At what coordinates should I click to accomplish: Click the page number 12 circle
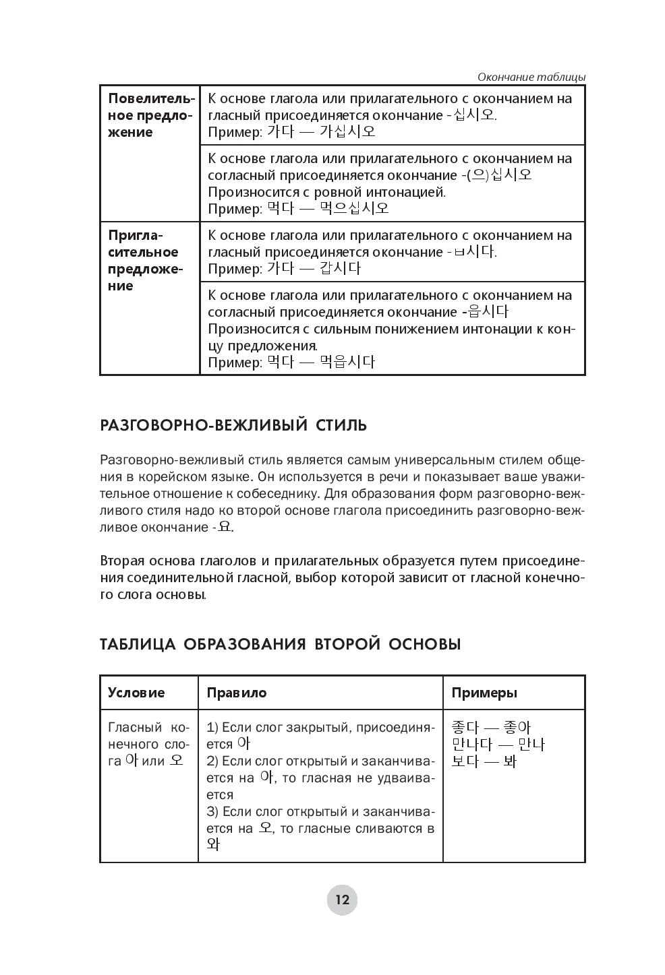(x=342, y=900)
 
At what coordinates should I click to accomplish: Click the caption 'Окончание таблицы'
(x=531, y=77)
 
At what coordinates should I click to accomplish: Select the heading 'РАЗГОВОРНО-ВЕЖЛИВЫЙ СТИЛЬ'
(x=233, y=426)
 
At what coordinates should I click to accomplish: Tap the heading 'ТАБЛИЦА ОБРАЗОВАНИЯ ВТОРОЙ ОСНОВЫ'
(x=280, y=644)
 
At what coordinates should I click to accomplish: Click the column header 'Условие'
(x=136, y=693)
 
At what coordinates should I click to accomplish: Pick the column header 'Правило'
(x=236, y=693)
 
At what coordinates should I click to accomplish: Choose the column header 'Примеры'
(x=484, y=693)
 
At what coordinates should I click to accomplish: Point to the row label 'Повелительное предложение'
(x=150, y=115)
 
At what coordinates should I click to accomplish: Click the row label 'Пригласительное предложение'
(x=144, y=260)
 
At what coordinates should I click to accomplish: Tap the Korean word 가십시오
(x=347, y=131)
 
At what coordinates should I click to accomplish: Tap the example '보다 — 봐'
(x=484, y=761)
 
